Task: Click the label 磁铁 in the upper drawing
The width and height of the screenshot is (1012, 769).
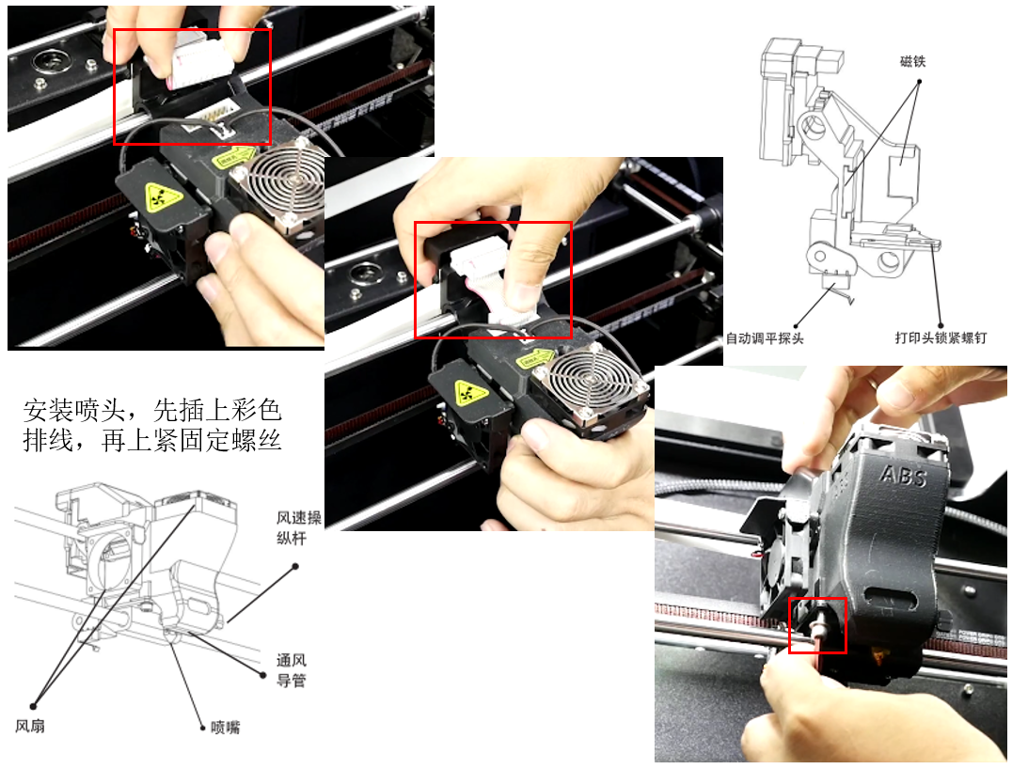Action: [912, 62]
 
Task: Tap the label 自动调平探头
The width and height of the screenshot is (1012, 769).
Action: [765, 338]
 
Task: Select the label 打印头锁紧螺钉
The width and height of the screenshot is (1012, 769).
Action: [941, 338]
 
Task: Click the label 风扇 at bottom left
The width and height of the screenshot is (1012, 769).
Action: [30, 726]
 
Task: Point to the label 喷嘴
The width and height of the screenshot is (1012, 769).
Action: [225, 728]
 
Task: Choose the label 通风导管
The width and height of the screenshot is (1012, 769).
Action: [291, 670]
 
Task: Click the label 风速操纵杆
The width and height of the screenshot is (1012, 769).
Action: [299, 527]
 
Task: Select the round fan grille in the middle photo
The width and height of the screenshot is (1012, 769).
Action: [588, 380]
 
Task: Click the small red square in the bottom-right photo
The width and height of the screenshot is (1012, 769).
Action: [817, 625]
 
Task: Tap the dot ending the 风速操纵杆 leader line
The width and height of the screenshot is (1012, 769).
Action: [295, 567]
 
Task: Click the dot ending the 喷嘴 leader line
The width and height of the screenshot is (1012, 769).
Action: [202, 728]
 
